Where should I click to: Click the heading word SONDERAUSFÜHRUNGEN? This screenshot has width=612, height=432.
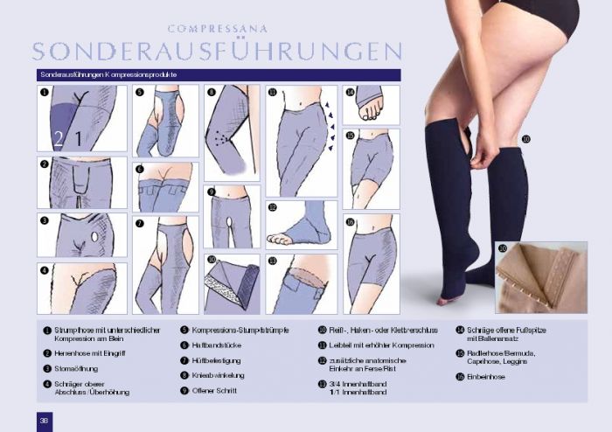[x=217, y=51]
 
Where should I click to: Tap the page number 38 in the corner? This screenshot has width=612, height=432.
[x=43, y=420]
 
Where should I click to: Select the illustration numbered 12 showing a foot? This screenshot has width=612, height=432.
[x=301, y=225]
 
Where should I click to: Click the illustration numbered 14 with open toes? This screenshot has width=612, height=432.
[x=371, y=104]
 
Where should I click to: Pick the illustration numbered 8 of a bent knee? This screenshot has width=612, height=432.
[x=231, y=131]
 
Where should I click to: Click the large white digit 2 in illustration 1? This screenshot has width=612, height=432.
[x=59, y=137]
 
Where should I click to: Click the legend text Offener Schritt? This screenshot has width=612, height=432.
[x=214, y=390]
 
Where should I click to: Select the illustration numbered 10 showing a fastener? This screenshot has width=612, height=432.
[x=231, y=283]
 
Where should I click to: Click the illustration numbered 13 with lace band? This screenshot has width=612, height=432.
[x=301, y=283]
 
